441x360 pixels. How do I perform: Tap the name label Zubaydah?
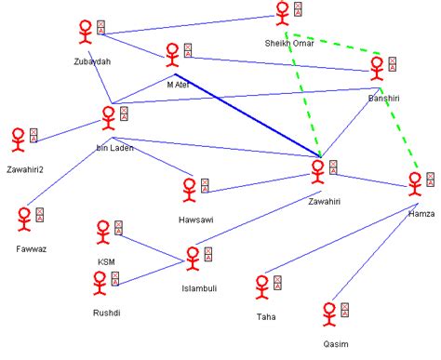[x=91, y=61]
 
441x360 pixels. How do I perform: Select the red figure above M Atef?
[x=172, y=55]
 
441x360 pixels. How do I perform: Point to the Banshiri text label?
[x=382, y=96]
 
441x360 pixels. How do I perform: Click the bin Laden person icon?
[x=108, y=118]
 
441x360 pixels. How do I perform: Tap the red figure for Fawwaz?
[x=24, y=220]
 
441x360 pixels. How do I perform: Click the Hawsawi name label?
[x=195, y=219]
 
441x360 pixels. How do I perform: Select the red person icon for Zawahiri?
[x=318, y=171]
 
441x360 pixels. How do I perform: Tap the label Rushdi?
[x=107, y=313]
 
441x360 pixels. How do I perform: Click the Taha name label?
[x=266, y=316]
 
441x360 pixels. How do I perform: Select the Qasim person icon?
[x=328, y=313]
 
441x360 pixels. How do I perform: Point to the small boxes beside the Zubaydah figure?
[x=100, y=28]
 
